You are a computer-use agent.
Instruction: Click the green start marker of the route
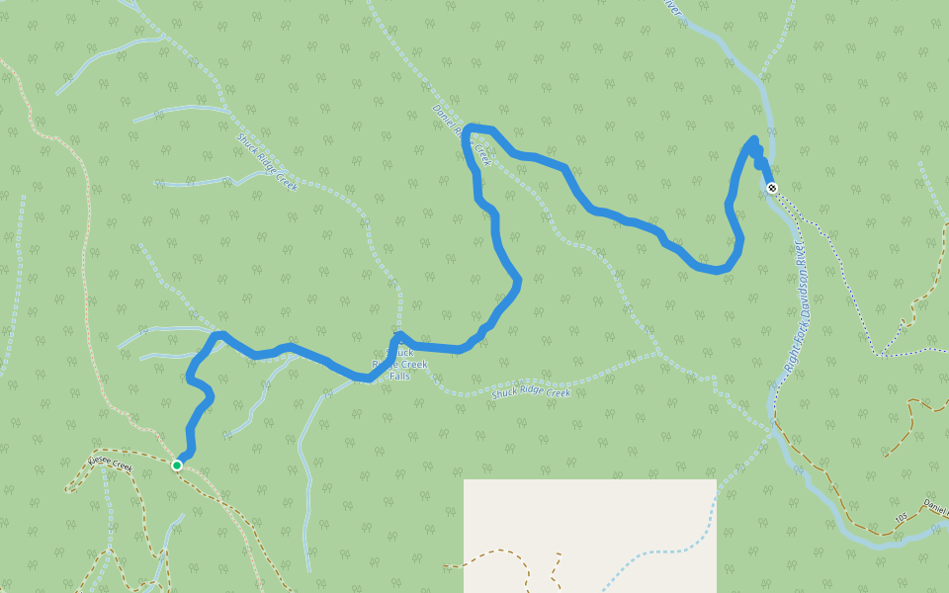click(x=177, y=465)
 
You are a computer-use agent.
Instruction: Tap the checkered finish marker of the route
click(x=772, y=188)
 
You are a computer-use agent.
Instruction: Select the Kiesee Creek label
click(x=109, y=463)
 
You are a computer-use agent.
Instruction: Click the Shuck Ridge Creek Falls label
click(x=399, y=364)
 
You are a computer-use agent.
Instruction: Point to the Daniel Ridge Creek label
click(x=462, y=134)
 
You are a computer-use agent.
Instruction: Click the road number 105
click(x=901, y=516)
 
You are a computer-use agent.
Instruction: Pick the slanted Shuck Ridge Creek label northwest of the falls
click(x=267, y=163)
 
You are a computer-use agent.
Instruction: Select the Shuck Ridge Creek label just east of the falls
click(x=531, y=392)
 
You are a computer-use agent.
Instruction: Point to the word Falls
click(x=399, y=376)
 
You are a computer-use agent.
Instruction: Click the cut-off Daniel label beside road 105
click(x=935, y=504)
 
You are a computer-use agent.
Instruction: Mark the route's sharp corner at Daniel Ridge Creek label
click(x=469, y=128)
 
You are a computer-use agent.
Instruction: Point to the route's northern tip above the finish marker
click(x=754, y=139)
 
